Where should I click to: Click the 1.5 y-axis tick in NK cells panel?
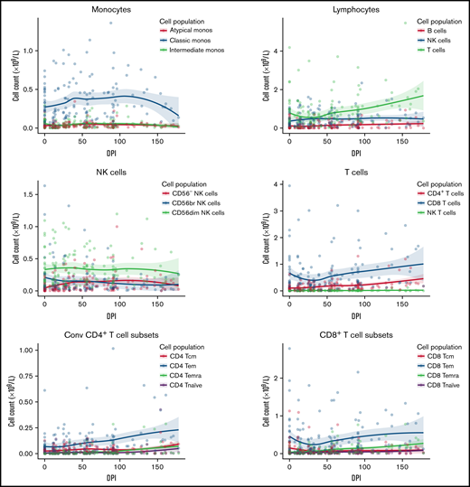(31, 194)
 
